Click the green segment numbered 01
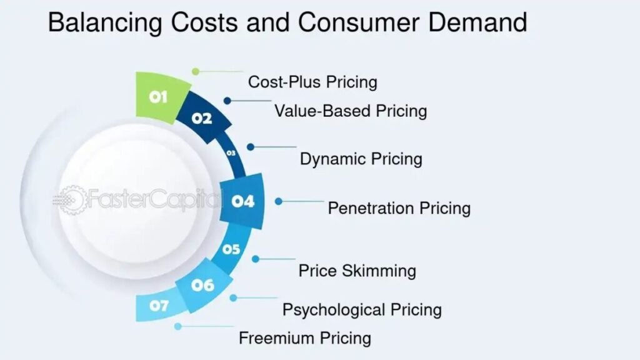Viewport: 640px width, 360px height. (x=161, y=97)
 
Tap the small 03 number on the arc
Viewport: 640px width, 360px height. (x=231, y=153)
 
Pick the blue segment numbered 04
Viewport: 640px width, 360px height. (x=242, y=201)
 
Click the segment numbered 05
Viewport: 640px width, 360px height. (x=231, y=249)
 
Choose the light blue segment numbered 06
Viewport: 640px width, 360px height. (x=203, y=285)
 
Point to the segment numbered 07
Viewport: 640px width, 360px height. (x=159, y=306)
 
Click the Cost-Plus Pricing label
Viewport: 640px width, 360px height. (x=312, y=82)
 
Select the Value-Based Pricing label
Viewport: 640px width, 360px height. (x=351, y=111)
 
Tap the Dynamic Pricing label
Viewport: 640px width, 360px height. (x=361, y=159)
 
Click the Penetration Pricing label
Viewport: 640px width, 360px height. (x=399, y=208)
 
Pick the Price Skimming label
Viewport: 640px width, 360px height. (x=357, y=271)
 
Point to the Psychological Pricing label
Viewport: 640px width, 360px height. (x=362, y=310)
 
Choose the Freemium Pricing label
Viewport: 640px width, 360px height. (x=305, y=338)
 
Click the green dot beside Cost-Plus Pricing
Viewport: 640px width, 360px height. (x=196, y=72)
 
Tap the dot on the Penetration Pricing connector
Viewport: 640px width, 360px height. (x=278, y=201)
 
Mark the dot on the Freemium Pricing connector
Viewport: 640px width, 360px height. (x=177, y=326)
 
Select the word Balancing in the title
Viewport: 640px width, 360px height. (x=105, y=23)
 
